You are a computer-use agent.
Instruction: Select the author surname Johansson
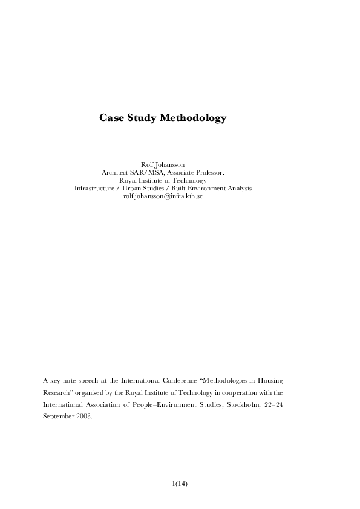tap(171, 164)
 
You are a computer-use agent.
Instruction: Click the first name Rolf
tap(148, 164)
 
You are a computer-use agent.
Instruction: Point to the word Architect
tap(116, 172)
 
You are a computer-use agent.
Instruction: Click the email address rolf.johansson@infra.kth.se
tap(163, 196)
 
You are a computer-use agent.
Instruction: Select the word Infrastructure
tap(94, 188)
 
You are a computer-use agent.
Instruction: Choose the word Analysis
tap(238, 188)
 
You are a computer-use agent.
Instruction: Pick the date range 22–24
tap(273, 404)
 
